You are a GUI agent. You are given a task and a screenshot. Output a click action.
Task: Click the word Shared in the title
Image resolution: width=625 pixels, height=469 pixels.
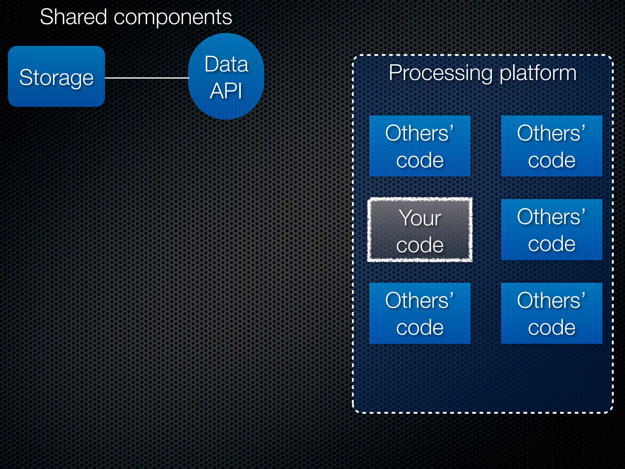[x=73, y=17]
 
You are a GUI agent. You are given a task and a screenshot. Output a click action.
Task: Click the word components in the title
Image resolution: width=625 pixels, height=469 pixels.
[x=173, y=17]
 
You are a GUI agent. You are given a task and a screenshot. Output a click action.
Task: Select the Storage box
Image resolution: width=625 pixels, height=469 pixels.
[x=56, y=76]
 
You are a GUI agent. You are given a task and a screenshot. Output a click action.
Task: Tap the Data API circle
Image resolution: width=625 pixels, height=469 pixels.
[x=226, y=76]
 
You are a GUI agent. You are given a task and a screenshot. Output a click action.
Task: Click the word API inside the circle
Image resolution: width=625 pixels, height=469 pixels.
[x=226, y=91]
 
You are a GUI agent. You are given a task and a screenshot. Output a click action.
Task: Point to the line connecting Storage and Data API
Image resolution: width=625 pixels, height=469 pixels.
[x=146, y=78]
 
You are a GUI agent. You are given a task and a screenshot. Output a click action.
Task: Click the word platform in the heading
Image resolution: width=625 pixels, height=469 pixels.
[x=538, y=73]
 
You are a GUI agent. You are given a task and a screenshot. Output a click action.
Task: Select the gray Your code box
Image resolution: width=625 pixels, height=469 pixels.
[x=420, y=230]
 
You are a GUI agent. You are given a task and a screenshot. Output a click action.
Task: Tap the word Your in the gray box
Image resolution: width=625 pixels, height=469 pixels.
[x=420, y=218]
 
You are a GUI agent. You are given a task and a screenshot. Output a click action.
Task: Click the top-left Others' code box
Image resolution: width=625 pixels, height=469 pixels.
[x=420, y=146]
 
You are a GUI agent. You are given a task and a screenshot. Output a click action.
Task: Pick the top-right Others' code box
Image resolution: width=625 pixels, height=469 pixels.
[x=551, y=146]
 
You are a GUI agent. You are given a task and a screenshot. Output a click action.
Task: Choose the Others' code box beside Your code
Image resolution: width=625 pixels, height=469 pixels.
[x=551, y=230]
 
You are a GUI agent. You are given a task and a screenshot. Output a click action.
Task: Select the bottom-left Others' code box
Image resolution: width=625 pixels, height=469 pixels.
[x=420, y=313]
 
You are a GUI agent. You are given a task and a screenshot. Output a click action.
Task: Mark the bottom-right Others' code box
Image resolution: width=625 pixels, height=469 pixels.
[x=551, y=313]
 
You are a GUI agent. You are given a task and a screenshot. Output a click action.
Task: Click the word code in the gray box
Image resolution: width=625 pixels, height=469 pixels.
[x=420, y=245]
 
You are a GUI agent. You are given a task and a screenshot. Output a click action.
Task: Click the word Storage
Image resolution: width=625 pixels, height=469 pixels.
[x=56, y=78]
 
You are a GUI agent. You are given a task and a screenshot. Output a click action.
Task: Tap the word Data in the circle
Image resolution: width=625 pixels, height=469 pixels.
[x=226, y=64]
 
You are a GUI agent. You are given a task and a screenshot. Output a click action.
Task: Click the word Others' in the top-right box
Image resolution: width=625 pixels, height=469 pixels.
[x=551, y=133]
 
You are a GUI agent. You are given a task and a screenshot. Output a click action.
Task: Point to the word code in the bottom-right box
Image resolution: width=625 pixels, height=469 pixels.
[x=552, y=328]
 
